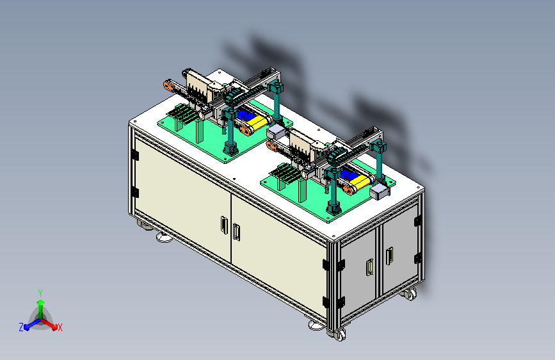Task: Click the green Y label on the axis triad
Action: pos(40,293)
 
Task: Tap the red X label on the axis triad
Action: pos(60,327)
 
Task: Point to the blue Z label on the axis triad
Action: pos(21,327)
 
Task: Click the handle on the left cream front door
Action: pos(224,225)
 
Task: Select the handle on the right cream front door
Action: pos(236,232)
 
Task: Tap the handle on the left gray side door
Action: pos(369,267)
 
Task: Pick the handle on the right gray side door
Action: pos(389,256)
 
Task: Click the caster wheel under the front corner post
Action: pos(339,334)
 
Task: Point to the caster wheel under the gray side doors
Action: pos(410,294)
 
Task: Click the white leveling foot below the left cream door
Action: pos(165,237)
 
